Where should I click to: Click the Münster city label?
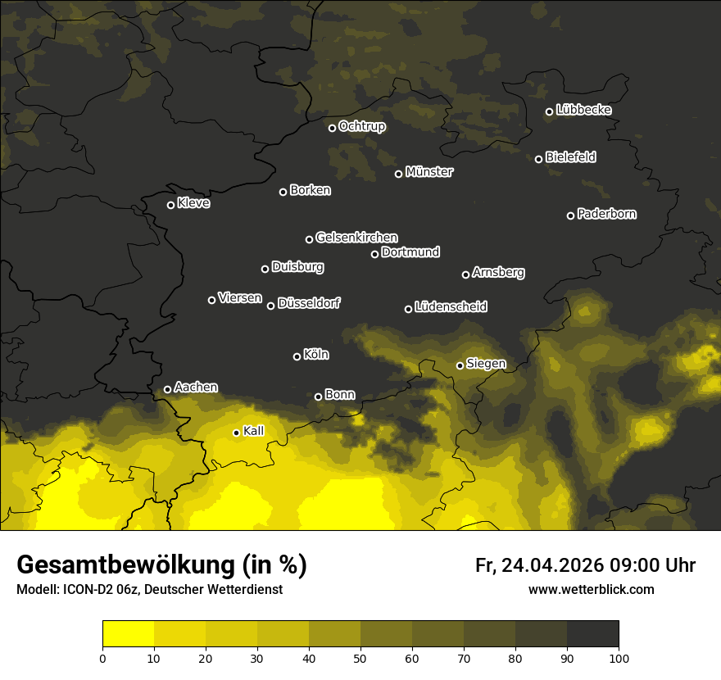click(429, 172)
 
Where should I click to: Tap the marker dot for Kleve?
click(170, 205)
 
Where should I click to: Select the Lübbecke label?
click(583, 110)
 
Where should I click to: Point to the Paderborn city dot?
click(570, 215)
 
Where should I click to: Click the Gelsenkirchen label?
click(356, 238)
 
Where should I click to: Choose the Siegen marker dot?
click(460, 365)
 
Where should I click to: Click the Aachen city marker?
click(167, 389)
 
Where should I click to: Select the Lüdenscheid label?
click(451, 307)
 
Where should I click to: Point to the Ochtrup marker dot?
click(332, 128)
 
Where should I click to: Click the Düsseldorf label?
click(309, 304)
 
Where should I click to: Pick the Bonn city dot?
click(318, 397)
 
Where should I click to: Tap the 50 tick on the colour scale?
click(360, 657)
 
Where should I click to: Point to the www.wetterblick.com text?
click(591, 589)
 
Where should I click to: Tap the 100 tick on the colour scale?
click(619, 657)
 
